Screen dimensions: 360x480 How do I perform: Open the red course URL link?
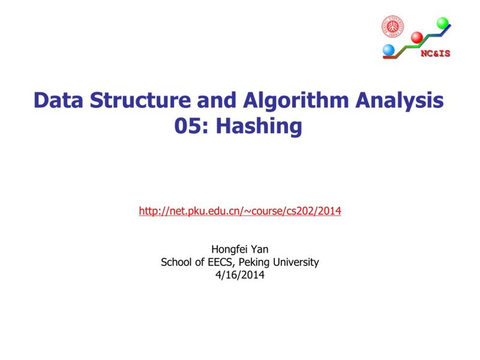coord(240,211)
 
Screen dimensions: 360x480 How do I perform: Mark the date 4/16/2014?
coord(239,275)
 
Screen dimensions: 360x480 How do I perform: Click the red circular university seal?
coord(393,26)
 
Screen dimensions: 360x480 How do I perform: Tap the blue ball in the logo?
coord(388,49)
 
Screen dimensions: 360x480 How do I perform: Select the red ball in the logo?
coord(416,37)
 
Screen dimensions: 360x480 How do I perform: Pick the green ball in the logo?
coord(443,23)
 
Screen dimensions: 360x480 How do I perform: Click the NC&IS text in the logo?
coord(435,53)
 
